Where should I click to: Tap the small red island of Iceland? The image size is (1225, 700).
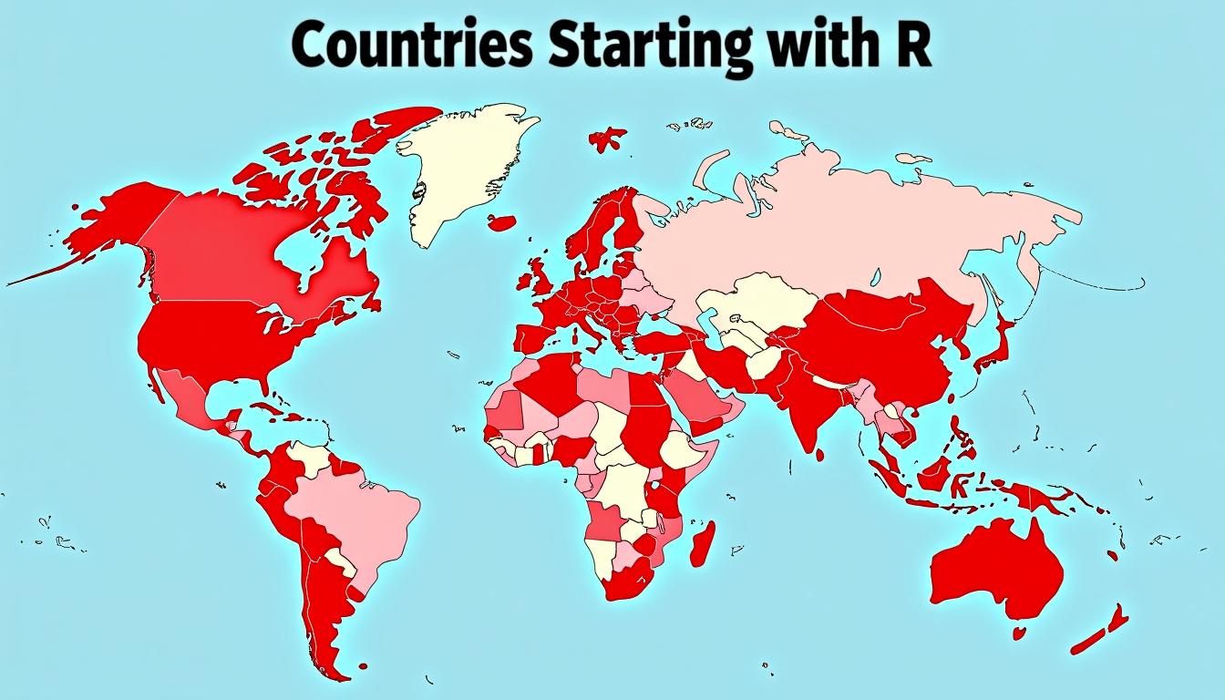click(x=503, y=221)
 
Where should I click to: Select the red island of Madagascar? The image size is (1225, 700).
click(x=703, y=543)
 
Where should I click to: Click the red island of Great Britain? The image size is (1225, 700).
click(x=540, y=278)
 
